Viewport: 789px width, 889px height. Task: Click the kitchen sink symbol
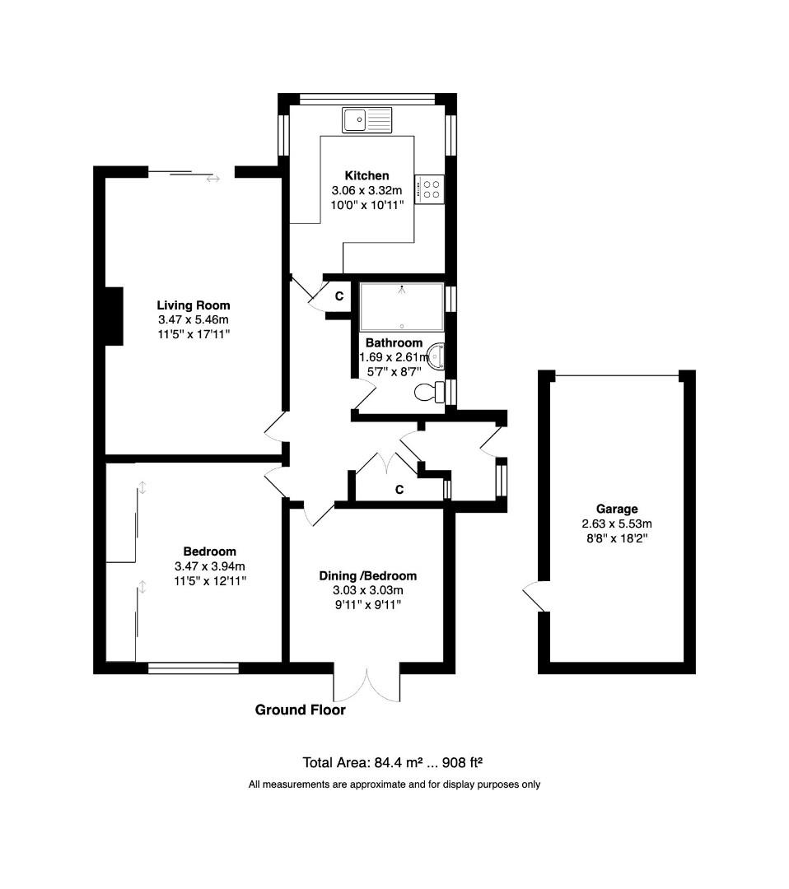368,120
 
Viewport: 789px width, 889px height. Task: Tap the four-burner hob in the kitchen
430,189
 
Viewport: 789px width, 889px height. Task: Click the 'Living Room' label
194,305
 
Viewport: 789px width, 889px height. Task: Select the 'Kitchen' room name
366,175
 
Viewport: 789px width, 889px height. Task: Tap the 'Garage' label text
617,509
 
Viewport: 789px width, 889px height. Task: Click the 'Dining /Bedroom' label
367,575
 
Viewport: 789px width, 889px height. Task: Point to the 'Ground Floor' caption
300,710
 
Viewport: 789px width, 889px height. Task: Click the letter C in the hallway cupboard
399,490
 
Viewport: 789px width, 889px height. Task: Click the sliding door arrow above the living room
213,178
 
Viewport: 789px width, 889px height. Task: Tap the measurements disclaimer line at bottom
394,784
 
